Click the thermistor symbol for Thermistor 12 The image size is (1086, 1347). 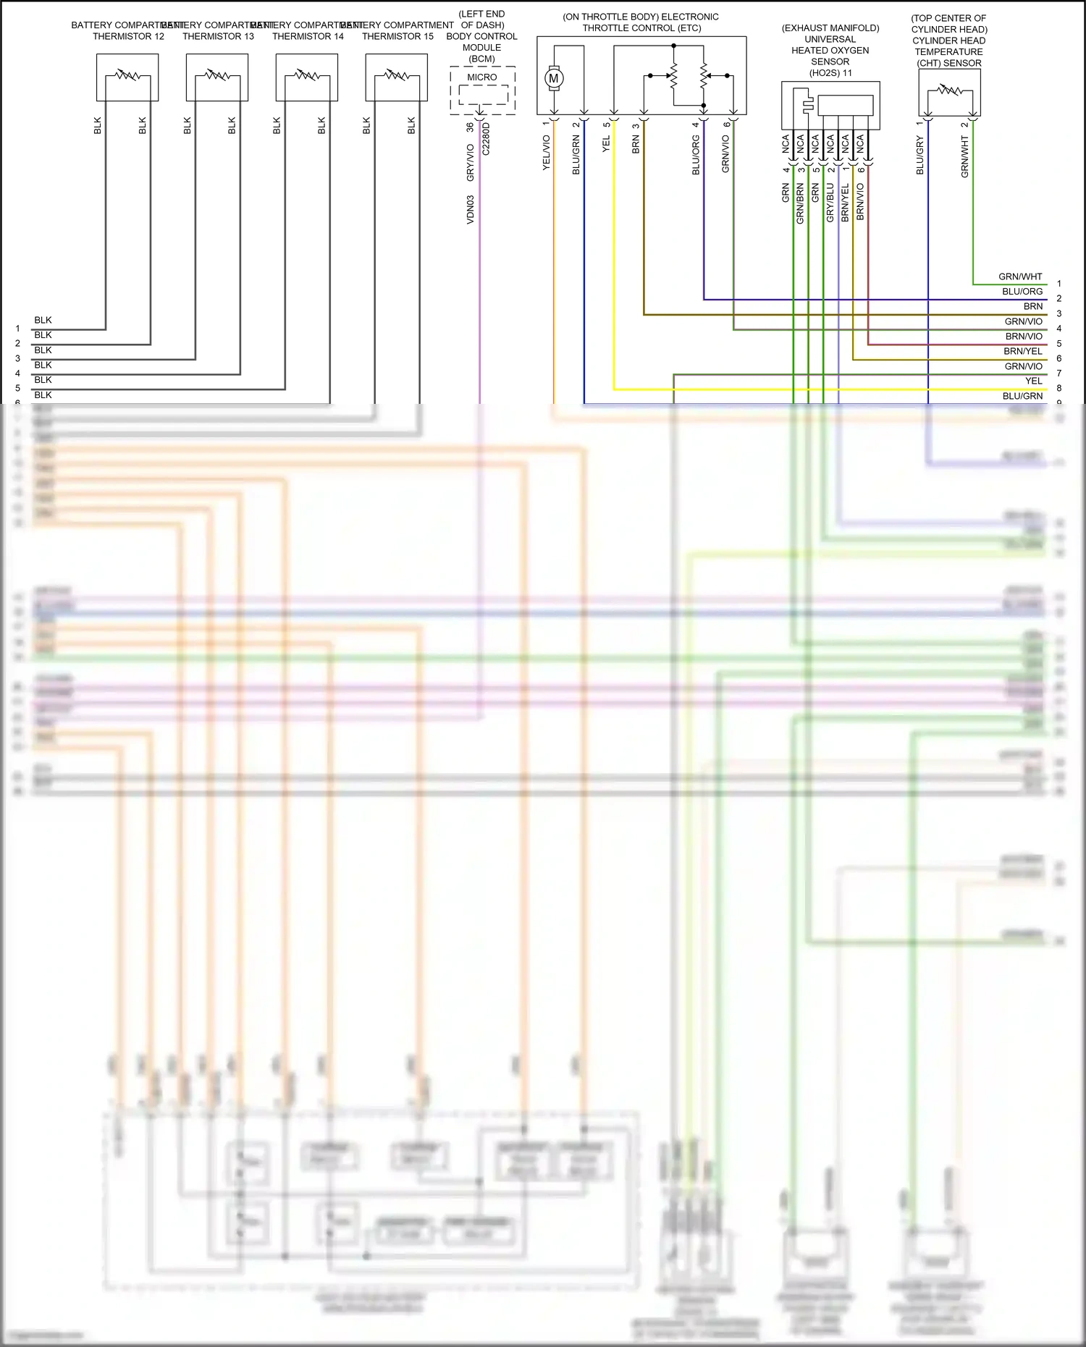(127, 75)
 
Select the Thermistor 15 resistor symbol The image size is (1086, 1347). (397, 75)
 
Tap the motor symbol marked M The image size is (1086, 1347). (554, 78)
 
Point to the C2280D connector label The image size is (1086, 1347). (486, 139)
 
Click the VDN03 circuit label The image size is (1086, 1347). (470, 209)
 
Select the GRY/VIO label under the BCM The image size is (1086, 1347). (470, 163)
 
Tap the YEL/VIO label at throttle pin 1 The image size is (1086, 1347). (547, 153)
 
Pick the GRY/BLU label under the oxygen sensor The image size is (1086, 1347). (830, 203)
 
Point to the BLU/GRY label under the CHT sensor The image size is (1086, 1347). (920, 156)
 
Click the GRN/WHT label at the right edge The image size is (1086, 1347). (1020, 276)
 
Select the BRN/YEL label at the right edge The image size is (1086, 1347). (1023, 351)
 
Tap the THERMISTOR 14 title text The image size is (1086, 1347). (308, 36)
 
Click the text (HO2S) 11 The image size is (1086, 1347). (830, 73)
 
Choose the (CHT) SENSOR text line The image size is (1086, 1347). (948, 63)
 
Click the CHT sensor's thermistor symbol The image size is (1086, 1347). (949, 90)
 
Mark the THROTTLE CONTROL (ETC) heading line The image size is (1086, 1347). (641, 28)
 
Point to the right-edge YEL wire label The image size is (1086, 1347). (1033, 381)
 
